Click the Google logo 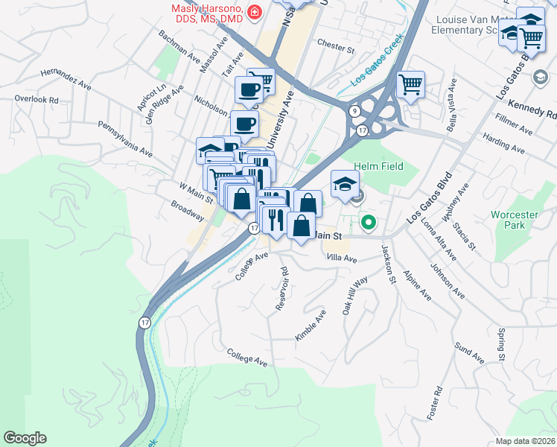point(25,438)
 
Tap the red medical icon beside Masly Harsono point(255,12)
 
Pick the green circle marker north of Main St point(368,221)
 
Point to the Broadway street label point(187,211)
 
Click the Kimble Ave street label point(311,326)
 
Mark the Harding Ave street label point(503,145)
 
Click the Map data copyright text point(528,441)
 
